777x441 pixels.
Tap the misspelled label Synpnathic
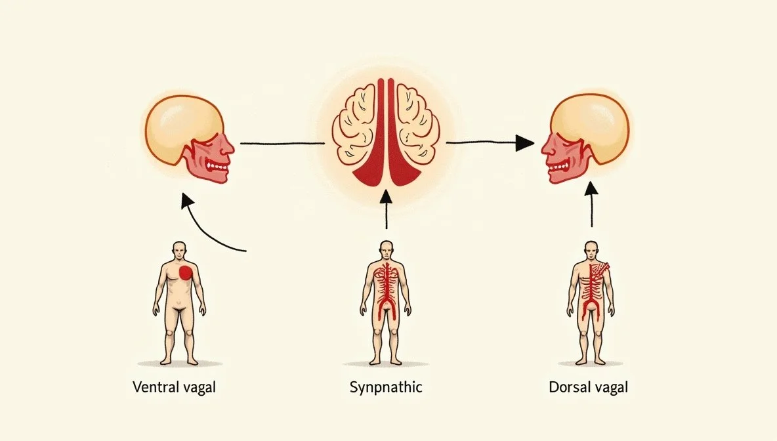386,387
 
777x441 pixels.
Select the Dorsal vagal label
588,387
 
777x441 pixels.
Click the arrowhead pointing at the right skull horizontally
524,142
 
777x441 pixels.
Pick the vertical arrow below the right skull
592,205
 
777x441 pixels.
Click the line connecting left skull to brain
282,142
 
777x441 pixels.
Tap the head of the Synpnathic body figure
386,249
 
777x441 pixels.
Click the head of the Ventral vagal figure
178,249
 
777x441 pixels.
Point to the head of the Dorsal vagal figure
592,249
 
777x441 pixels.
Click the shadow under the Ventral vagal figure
179,364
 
